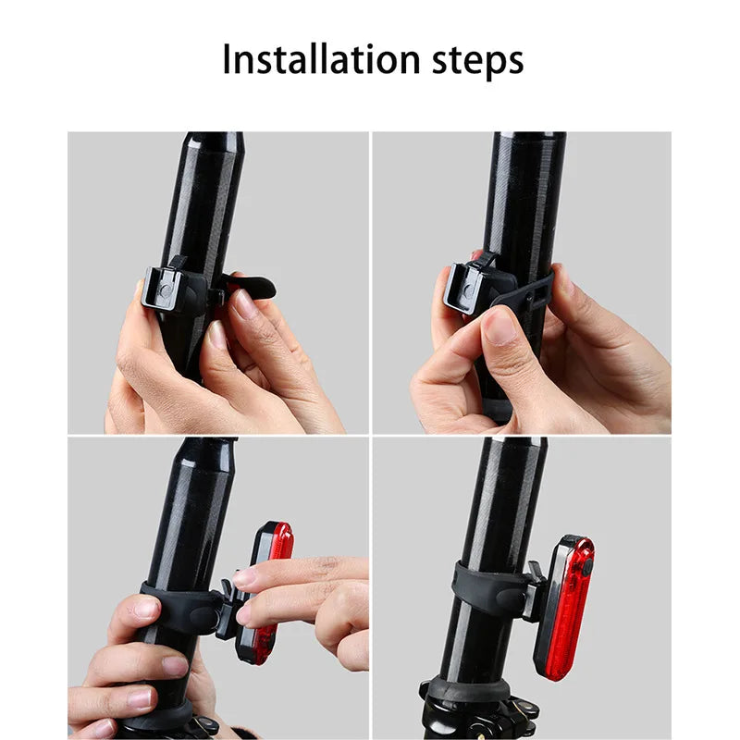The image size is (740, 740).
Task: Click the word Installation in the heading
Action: (308, 59)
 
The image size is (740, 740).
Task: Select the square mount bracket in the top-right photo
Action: (469, 285)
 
